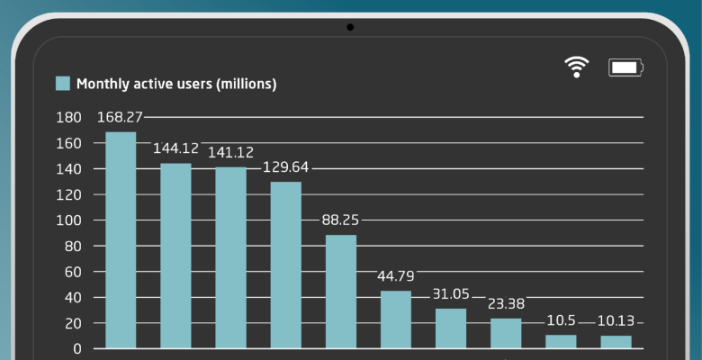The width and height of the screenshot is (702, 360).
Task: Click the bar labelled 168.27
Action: [x=121, y=240]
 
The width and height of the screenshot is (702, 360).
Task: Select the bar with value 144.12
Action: [x=175, y=256]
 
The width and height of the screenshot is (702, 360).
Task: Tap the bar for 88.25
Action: [x=341, y=292]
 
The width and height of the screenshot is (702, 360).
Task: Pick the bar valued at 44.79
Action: [x=396, y=319]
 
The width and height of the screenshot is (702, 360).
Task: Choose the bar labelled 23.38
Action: [x=506, y=333]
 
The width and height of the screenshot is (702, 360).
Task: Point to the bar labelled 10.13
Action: [x=616, y=342]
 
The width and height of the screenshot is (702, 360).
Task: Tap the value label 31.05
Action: [x=451, y=294]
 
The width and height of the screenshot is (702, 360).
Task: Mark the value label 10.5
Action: [x=561, y=320]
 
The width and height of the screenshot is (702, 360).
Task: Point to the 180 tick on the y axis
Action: [x=68, y=118]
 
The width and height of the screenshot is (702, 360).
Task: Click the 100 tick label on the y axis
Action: [x=68, y=220]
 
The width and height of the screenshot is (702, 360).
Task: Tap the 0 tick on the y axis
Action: [x=77, y=348]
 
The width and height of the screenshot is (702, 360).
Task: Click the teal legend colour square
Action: [x=63, y=84]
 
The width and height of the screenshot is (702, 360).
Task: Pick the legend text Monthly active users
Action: [x=176, y=84]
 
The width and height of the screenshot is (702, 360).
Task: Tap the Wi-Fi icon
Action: [x=576, y=67]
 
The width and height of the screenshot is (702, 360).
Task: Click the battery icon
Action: [x=625, y=67]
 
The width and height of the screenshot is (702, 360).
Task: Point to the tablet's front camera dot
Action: [x=350, y=27]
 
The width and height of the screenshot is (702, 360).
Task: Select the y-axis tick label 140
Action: [x=68, y=169]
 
